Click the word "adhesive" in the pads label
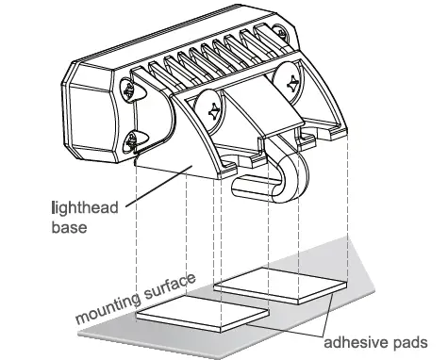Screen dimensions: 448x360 [x=352, y=340]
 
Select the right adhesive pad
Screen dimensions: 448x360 [x=283, y=284]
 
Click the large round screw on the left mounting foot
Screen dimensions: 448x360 [x=214, y=110]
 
